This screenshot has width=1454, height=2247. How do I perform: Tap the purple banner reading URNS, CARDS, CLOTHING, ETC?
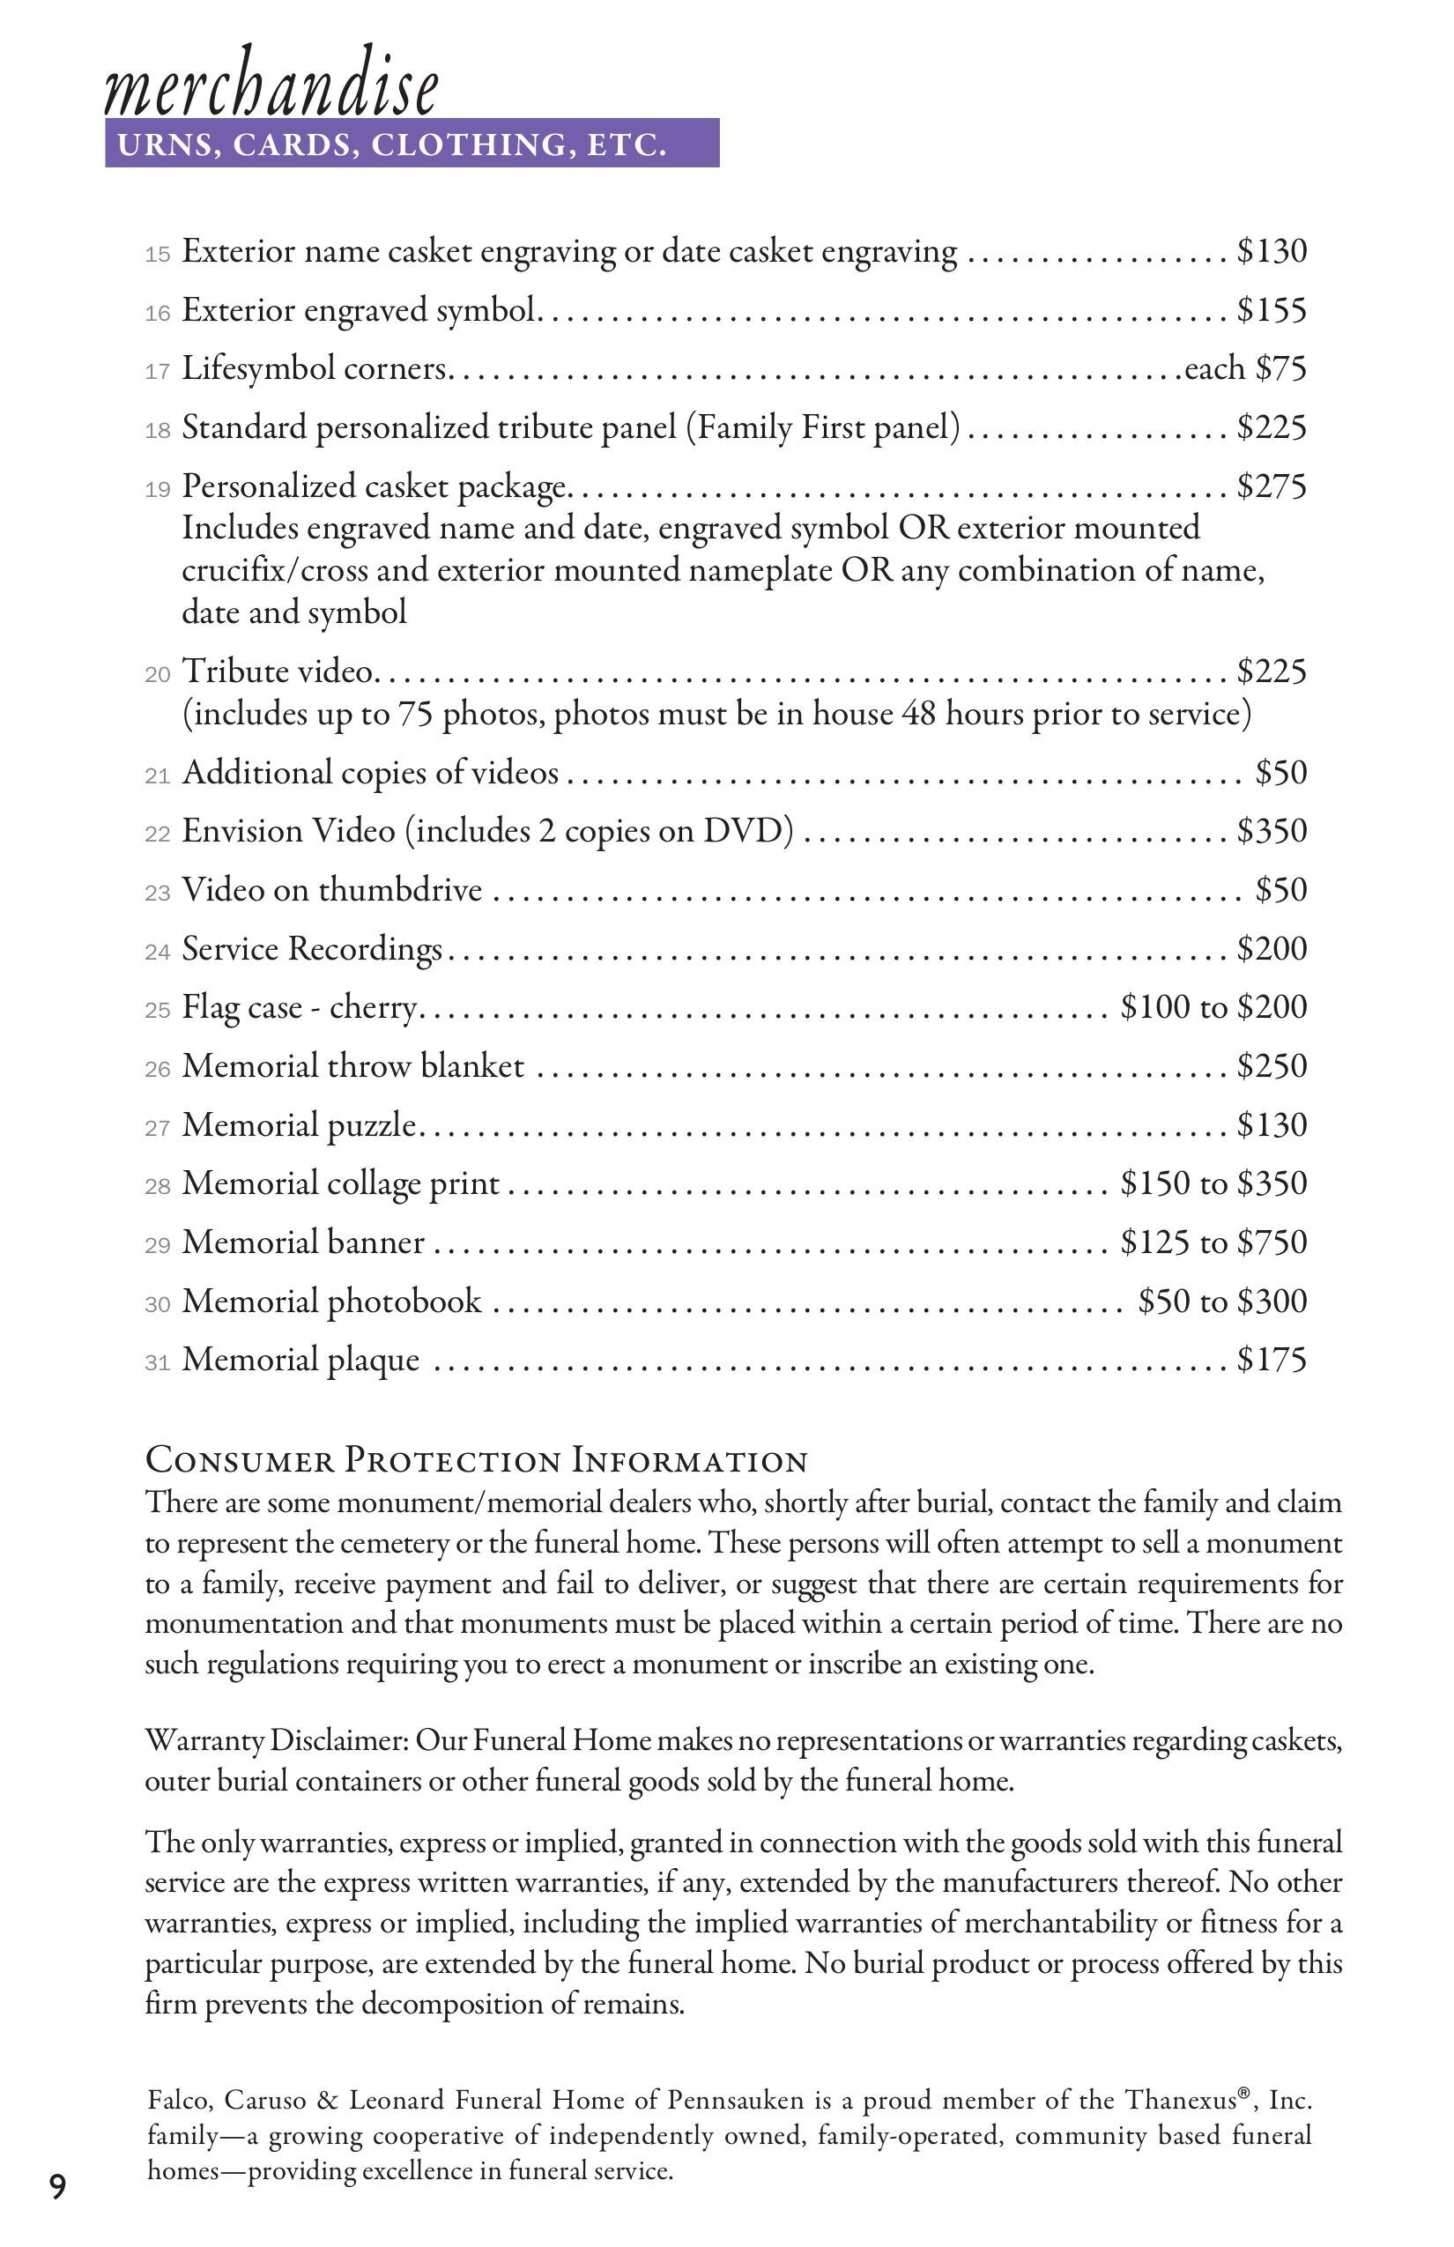[x=412, y=144]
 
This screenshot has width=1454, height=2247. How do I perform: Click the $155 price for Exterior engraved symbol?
[x=1272, y=309]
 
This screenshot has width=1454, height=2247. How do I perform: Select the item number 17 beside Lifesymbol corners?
[x=157, y=372]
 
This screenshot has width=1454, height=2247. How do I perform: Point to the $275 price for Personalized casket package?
[x=1272, y=486]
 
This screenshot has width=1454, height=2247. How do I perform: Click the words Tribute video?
[x=278, y=671]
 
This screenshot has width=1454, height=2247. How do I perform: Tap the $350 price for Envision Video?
[x=1272, y=831]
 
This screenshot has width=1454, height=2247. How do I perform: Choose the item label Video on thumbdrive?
[x=331, y=889]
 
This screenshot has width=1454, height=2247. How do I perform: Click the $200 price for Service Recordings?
[x=1272, y=948]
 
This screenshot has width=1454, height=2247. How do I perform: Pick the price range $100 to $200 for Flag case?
[x=1213, y=1007]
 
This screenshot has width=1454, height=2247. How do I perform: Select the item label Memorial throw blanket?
[x=352, y=1066]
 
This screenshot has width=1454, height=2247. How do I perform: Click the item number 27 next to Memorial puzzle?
[x=157, y=1129]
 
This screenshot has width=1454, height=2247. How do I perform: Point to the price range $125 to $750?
[x=1213, y=1242]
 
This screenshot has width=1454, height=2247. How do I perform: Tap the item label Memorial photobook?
[x=331, y=1301]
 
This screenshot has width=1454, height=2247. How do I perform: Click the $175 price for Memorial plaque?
[x=1272, y=1360]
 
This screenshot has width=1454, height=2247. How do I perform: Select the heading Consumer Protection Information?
[x=477, y=1461]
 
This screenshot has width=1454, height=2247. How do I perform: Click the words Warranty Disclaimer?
[x=276, y=1740]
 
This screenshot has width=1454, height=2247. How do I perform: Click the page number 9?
[x=58, y=2186]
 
